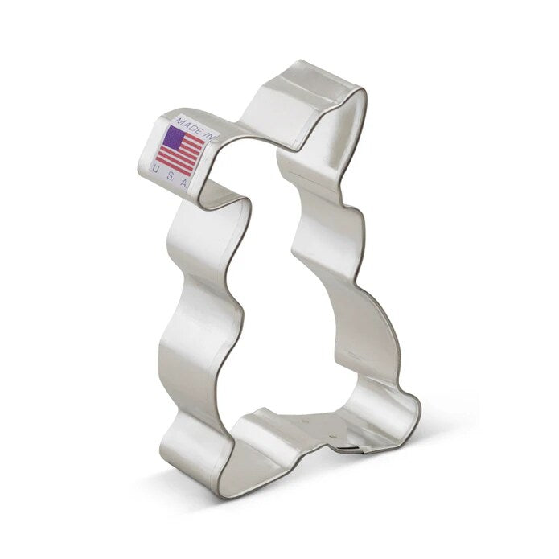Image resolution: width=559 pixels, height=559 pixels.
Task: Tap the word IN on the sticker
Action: (x=212, y=137)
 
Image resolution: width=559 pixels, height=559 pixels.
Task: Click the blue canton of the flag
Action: (x=172, y=137)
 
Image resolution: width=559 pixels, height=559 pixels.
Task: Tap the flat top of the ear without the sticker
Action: (x=310, y=80)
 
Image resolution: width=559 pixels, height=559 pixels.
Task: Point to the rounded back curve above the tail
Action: (x=378, y=322)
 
